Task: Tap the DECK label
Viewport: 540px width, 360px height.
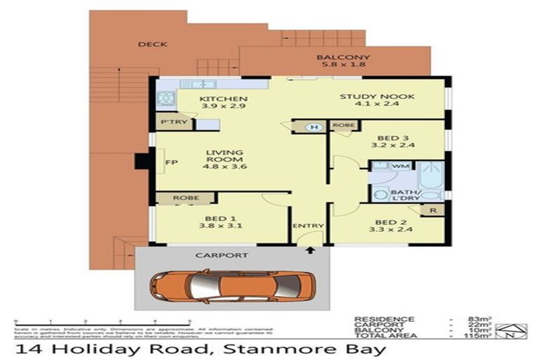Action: (x=152, y=44)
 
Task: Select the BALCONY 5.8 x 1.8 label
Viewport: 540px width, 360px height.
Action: (x=342, y=62)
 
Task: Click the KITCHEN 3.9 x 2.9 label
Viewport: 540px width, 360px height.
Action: (x=213, y=103)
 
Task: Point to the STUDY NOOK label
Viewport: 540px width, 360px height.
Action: (x=377, y=102)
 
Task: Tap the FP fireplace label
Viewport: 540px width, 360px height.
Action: (x=169, y=163)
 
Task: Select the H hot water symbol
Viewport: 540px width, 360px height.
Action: (x=315, y=127)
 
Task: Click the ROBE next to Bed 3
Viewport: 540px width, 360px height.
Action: (x=342, y=127)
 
